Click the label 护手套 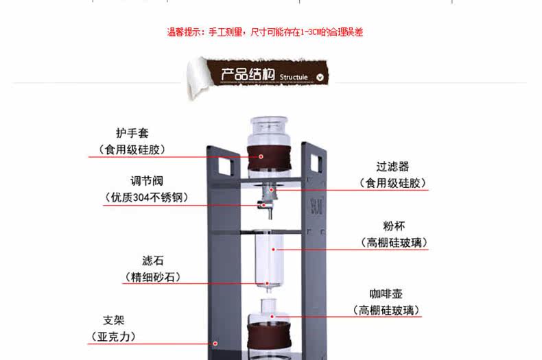click(x=132, y=132)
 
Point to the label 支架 click(x=114, y=320)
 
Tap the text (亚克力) click(x=113, y=337)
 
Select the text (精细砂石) click(x=152, y=278)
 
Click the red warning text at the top click(x=266, y=32)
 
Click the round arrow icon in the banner click(x=320, y=76)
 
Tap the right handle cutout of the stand click(x=316, y=163)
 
